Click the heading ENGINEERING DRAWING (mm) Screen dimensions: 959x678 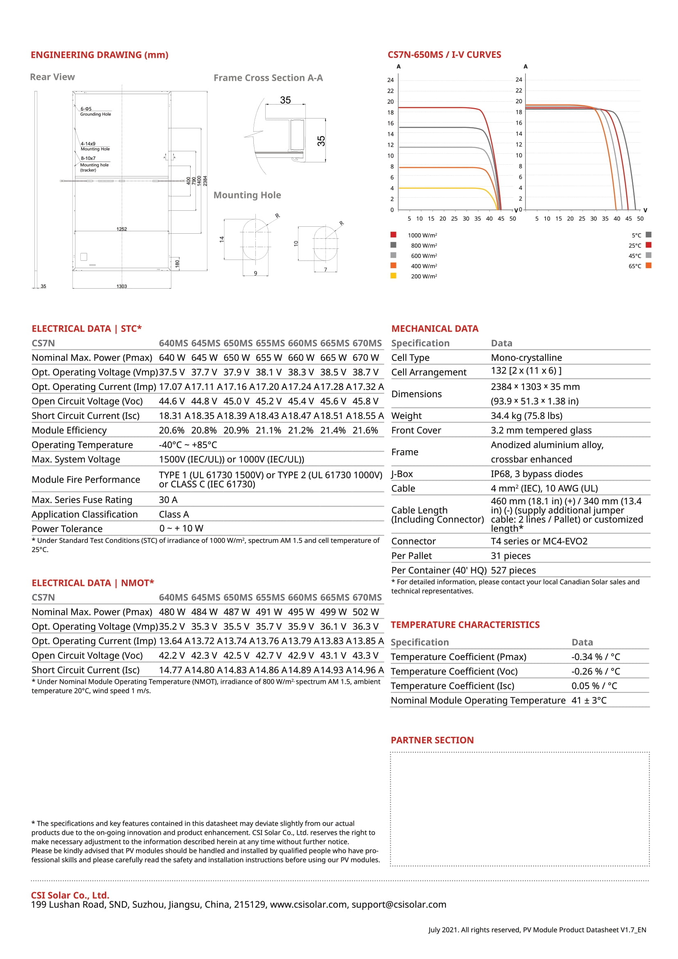pyautogui.click(x=99, y=55)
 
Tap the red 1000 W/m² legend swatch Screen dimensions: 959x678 pyautogui.click(x=393, y=235)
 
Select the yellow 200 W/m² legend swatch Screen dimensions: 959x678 pyautogui.click(x=393, y=276)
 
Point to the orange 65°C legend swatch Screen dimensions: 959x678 pyautogui.click(x=648, y=266)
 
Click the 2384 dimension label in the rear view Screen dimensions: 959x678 pyautogui.click(x=205, y=181)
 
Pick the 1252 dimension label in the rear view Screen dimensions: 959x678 pyautogui.click(x=121, y=229)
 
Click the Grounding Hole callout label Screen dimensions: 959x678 pyautogui.click(x=96, y=114)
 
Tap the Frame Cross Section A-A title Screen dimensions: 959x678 pyautogui.click(x=268, y=78)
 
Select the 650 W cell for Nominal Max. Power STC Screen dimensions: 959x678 pyautogui.click(x=236, y=358)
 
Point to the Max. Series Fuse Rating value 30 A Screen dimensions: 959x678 pyautogui.click(x=168, y=500)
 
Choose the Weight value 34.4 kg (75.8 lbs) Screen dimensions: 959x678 pyautogui.click(x=526, y=416)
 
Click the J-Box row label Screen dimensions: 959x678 pyautogui.click(x=402, y=474)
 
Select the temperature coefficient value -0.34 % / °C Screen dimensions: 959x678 pyautogui.click(x=595, y=657)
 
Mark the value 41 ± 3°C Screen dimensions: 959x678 pyautogui.click(x=589, y=700)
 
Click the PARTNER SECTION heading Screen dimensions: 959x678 pyautogui.click(x=432, y=740)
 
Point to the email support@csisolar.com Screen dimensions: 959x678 pyautogui.click(x=399, y=905)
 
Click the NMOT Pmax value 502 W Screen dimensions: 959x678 pyautogui.click(x=366, y=612)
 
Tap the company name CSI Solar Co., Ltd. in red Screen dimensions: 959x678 pyautogui.click(x=70, y=895)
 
